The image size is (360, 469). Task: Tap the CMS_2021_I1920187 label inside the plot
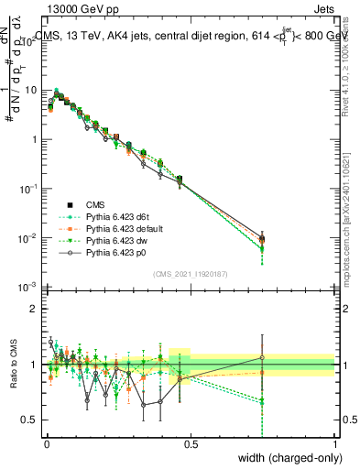pos(190,272)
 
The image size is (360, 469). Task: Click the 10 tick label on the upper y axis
pos(30,91)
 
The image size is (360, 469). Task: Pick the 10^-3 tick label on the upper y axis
pos(28,288)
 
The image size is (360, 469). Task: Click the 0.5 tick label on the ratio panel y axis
pos(30,420)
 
